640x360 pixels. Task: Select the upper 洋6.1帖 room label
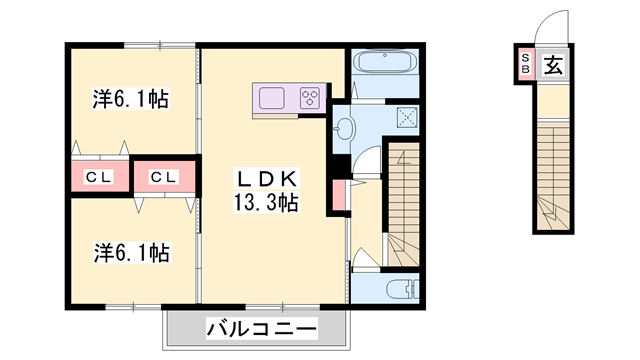coord(131,99)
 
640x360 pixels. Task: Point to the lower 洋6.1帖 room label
coord(131,252)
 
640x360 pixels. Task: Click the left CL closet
coord(97,178)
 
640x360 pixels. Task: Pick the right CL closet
coord(164,178)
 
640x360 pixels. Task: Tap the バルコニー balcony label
coord(261,328)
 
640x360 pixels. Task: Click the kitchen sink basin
coord(272,98)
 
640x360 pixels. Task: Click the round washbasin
coord(345,128)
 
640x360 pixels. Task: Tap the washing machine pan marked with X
coord(406,118)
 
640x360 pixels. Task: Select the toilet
coord(399,291)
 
